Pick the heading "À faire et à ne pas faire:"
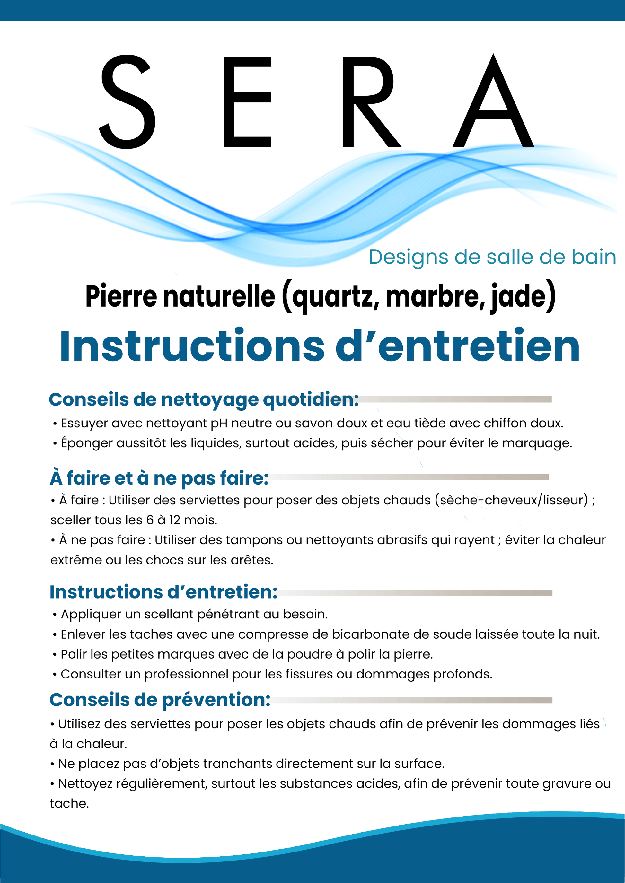(x=159, y=478)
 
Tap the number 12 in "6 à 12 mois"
(x=174, y=520)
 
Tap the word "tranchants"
(x=237, y=764)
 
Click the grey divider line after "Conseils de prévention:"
(x=412, y=700)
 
